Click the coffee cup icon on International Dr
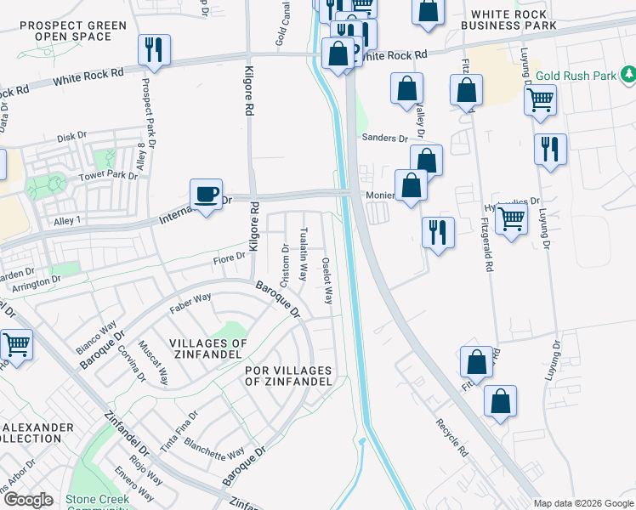206,195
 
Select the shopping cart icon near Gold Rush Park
541,100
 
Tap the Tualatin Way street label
304,253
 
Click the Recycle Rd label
452,437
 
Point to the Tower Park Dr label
108,176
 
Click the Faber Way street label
190,303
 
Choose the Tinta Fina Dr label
181,427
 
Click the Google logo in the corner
29,501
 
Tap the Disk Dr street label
72,136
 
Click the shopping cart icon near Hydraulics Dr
511,219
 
